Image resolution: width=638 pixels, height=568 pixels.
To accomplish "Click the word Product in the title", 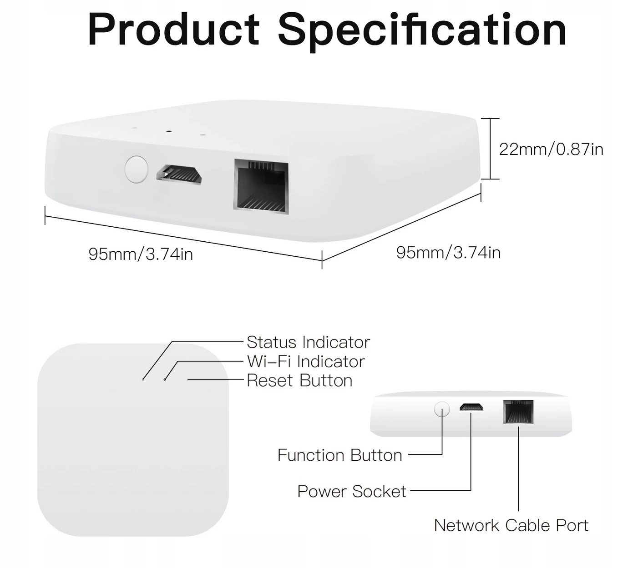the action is point(174,30).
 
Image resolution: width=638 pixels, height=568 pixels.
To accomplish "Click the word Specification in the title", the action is point(422,31).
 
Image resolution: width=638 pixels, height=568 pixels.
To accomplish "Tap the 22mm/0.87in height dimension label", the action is point(551,149).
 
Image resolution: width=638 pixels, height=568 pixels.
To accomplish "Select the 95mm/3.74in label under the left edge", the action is point(141,254).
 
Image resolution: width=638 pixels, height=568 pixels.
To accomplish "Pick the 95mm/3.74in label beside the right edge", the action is point(448,253).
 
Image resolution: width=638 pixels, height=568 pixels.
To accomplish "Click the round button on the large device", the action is point(137,169).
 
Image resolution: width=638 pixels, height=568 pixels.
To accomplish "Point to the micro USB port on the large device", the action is point(179,174).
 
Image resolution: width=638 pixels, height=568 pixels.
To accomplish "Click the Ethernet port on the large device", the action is point(261,187).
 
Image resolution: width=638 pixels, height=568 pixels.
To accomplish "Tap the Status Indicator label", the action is point(308,342).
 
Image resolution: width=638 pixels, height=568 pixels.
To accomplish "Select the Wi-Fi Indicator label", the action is point(306,361).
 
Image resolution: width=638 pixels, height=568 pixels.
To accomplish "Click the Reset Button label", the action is point(299,380).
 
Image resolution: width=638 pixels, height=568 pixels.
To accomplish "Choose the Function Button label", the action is point(340,455).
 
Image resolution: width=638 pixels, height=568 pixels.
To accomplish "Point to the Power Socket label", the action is point(352,491).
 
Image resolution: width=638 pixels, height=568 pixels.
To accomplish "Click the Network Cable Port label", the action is point(511,525).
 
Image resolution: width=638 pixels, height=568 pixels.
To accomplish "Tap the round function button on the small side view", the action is point(442,409).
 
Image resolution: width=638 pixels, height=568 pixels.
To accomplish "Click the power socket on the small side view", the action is point(471,407).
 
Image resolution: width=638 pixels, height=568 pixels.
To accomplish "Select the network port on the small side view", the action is point(518,412).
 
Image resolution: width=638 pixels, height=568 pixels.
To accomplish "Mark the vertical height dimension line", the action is point(490,149).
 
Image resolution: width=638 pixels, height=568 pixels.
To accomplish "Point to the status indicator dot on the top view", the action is point(143,379).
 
